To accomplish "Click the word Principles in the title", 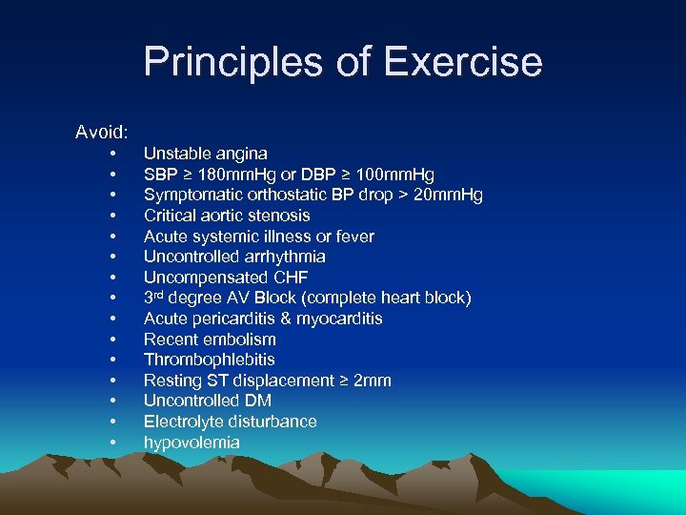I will click(232, 63).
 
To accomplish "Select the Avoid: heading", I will click(103, 132).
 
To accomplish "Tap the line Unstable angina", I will click(205, 154).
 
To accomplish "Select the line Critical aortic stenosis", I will click(227, 216).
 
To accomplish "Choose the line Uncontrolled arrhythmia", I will click(234, 257).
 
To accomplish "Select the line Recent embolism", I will click(210, 340).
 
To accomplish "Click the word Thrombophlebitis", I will click(209, 360).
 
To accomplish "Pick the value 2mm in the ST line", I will click(372, 381).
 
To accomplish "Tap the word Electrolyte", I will click(183, 422).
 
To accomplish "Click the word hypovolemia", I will click(192, 443).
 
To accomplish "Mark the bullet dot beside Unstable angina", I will click(113, 154).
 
